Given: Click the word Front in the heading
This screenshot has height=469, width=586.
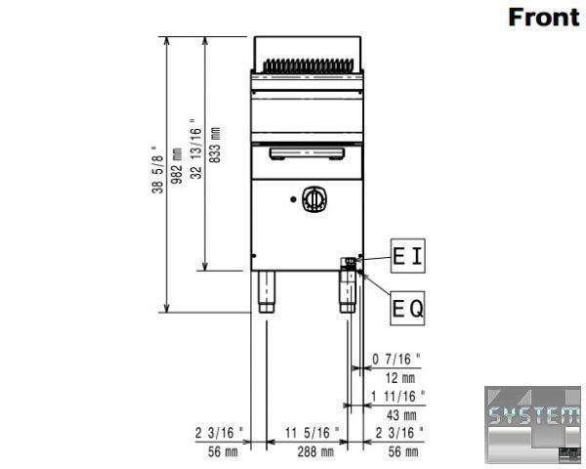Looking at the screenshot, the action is coord(544,18).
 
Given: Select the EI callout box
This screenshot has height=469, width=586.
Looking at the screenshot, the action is coord(407,256).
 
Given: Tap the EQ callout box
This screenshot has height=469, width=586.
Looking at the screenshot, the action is coord(407,308).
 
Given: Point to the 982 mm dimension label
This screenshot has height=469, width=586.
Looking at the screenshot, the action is coord(177,165).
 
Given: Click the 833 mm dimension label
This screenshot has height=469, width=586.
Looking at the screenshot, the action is coord(215,145).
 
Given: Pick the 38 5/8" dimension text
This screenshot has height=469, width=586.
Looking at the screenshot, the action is coord(157,169).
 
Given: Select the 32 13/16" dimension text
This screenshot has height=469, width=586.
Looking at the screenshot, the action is coord(196,149).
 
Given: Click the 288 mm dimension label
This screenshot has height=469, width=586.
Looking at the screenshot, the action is coord(315,452).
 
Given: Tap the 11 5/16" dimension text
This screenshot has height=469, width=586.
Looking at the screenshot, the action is coord(313,433).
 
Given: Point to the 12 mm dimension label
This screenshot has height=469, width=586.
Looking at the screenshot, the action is coord(400,378).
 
